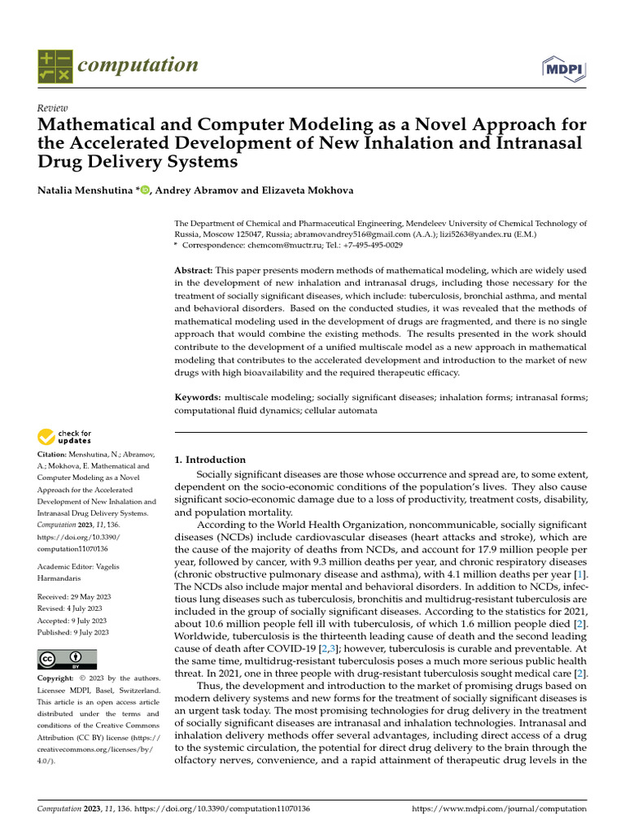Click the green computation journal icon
point(55,66)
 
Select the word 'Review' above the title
point(53,109)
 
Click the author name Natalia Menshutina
point(86,190)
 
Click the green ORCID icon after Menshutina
point(146,190)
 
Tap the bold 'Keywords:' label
point(198,397)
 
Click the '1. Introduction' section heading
point(210,460)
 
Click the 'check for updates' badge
point(65,437)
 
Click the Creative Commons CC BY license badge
point(67,659)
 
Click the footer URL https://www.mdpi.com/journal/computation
point(499,809)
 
